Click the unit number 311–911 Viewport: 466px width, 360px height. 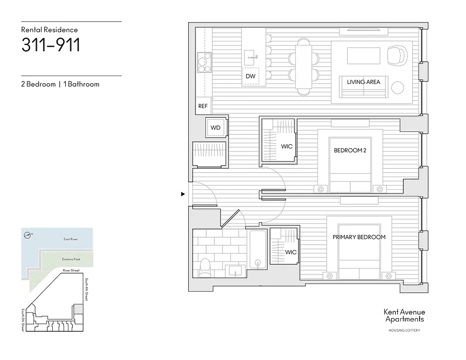pos(51,45)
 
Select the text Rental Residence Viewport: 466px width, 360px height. pos(50,30)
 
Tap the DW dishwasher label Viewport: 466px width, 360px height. pos(250,76)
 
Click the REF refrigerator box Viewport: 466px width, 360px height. pos(203,106)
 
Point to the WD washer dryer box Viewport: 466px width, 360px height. pos(216,128)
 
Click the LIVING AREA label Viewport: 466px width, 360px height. pos(363,82)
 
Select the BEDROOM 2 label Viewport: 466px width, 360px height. pos(350,150)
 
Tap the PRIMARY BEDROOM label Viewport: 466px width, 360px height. pos(359,237)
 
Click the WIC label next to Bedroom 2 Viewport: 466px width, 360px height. pos(287,146)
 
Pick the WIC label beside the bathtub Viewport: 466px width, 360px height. pos(291,252)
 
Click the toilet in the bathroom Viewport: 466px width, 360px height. pos(205,267)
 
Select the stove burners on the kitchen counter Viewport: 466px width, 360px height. pos(204,63)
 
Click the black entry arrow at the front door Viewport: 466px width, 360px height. pos(183,194)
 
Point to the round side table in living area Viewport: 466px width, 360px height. pos(398,87)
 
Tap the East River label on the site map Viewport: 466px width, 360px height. pos(70,239)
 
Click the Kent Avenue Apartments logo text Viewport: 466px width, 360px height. pos(404,315)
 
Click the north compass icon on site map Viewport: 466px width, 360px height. pos(28,234)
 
